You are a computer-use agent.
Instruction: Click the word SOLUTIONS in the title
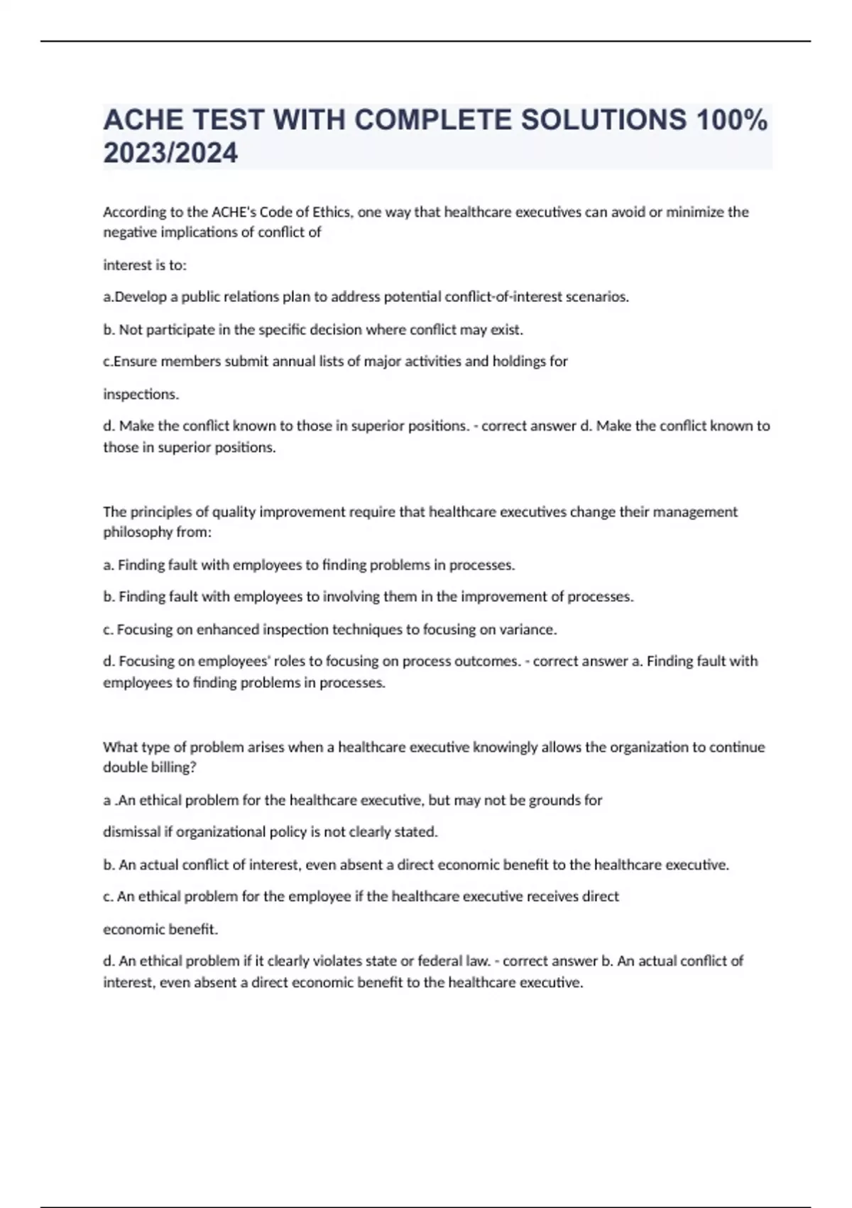point(603,120)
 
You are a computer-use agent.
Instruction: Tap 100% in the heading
point(732,120)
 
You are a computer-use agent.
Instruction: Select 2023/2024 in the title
point(170,153)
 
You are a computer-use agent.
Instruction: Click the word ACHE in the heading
point(143,120)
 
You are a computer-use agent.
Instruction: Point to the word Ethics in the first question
point(331,212)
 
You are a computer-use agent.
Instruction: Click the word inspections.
point(141,394)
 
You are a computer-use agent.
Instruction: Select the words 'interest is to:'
point(145,265)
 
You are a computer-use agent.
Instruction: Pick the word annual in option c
point(289,361)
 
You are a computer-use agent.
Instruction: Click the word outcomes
point(490,661)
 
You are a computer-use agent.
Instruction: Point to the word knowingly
point(505,747)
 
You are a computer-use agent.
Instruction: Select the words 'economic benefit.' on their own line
point(160,929)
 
